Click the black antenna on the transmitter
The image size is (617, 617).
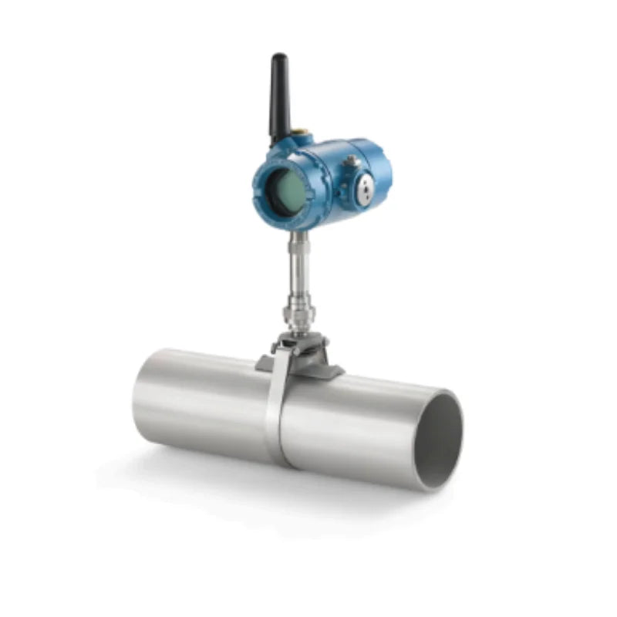pos(278,96)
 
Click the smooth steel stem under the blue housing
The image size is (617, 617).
pos(297,266)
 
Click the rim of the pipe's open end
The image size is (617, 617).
pos(460,416)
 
